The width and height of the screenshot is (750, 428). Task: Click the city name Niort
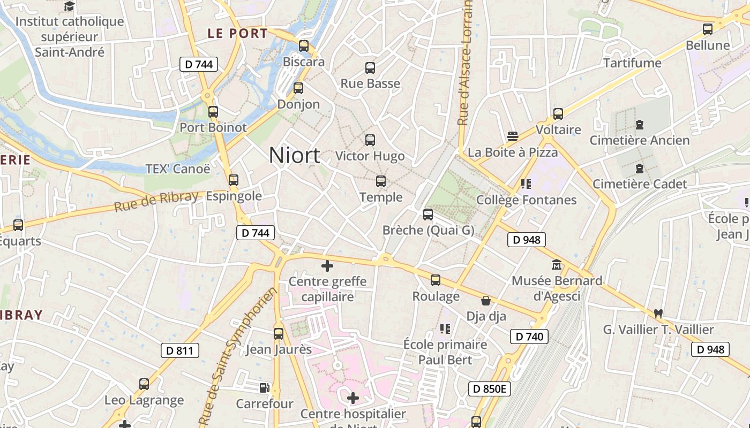click(294, 155)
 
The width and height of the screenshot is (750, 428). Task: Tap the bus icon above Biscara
click(304, 46)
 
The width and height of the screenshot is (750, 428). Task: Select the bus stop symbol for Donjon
click(298, 88)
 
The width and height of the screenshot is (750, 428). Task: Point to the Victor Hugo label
click(370, 156)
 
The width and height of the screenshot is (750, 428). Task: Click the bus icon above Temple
click(381, 181)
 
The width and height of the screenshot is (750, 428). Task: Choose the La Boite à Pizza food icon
click(513, 136)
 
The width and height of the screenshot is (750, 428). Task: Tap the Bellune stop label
click(708, 45)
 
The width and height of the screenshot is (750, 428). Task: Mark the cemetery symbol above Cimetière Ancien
click(639, 125)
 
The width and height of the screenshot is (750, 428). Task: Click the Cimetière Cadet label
click(639, 184)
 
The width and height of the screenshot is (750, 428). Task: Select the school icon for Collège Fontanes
click(526, 185)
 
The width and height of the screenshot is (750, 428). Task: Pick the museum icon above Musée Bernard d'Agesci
click(557, 265)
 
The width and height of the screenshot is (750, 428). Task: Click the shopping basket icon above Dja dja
click(486, 301)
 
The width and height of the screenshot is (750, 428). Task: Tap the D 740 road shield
click(529, 337)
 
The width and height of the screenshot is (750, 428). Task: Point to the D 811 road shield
click(180, 350)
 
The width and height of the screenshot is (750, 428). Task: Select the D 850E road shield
click(490, 388)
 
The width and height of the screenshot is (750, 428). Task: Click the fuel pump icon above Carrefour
click(264, 388)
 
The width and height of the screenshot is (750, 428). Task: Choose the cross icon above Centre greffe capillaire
click(327, 266)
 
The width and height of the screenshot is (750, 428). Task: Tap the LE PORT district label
click(237, 33)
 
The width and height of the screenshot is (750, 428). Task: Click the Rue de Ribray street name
click(156, 201)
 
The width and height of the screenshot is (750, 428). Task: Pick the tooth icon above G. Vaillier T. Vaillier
click(658, 314)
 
